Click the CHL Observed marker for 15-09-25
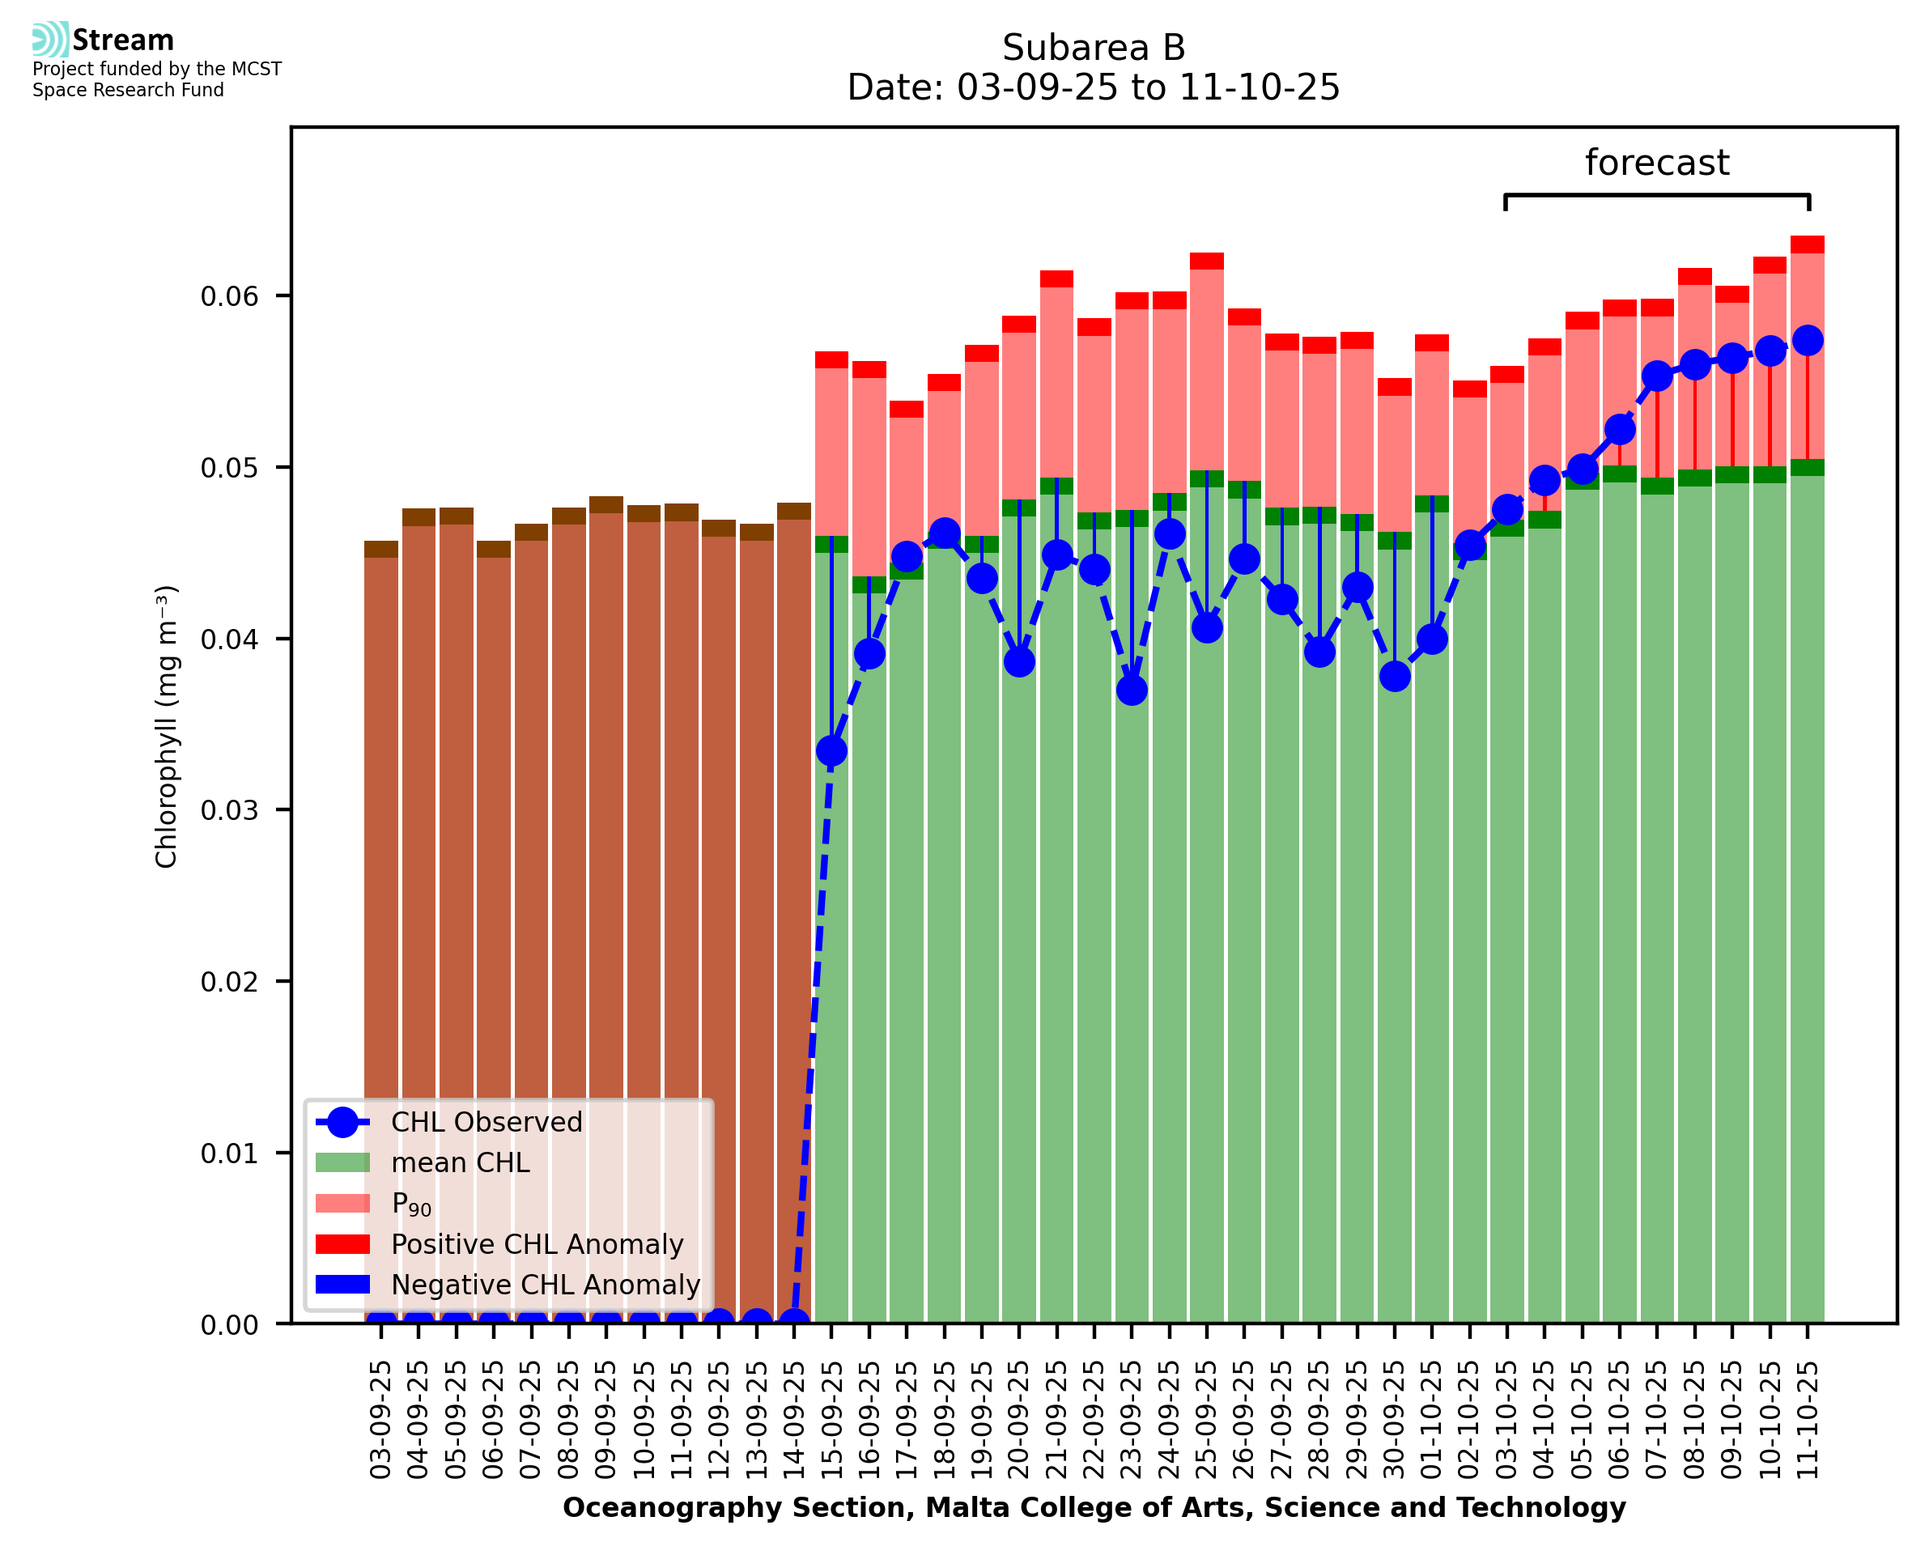(831, 750)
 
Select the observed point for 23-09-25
(1132, 690)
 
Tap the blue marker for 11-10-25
(1808, 340)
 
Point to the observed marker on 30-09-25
(1395, 676)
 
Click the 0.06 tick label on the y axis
(229, 296)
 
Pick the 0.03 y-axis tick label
(229, 810)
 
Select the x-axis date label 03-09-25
(380, 1420)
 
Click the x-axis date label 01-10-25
(1432, 1420)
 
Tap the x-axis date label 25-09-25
(1207, 1420)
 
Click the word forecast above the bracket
(1657, 163)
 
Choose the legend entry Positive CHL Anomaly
(537, 1244)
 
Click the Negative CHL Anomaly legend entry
(546, 1285)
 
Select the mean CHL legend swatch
(342, 1162)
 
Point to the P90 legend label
(411, 1204)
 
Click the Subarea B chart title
(1094, 48)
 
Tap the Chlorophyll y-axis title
(167, 725)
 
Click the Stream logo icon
(50, 40)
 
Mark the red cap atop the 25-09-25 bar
(1207, 261)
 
